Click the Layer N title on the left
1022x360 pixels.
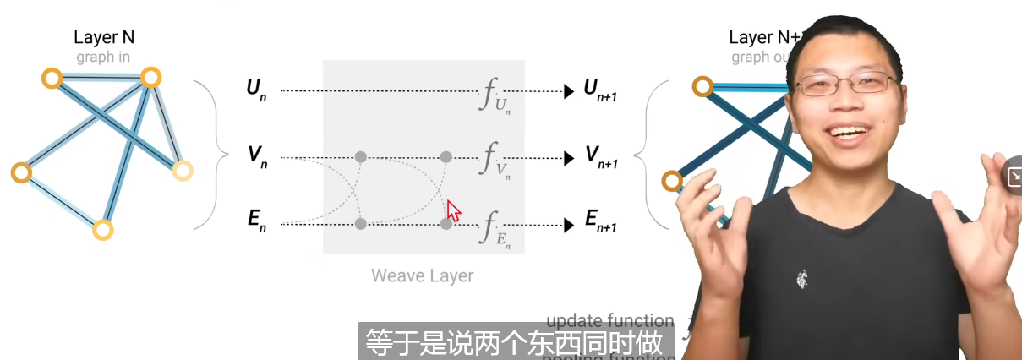[x=104, y=37]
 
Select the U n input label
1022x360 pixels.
[x=256, y=89]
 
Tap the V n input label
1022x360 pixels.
[x=256, y=157]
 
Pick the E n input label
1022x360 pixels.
[x=256, y=222]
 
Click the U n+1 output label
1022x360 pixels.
[x=600, y=90]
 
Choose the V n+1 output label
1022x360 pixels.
[x=600, y=157]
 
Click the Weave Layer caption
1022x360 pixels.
[x=423, y=275]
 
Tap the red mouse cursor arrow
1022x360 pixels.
[x=453, y=210]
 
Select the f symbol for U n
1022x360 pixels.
[x=490, y=95]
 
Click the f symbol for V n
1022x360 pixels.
[x=490, y=161]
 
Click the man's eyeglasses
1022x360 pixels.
[x=845, y=84]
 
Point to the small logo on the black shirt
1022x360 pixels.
[x=801, y=277]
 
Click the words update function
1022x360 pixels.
[x=609, y=321]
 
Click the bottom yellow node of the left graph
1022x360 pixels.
[x=102, y=230]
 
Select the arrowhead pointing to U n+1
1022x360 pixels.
[x=569, y=90]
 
